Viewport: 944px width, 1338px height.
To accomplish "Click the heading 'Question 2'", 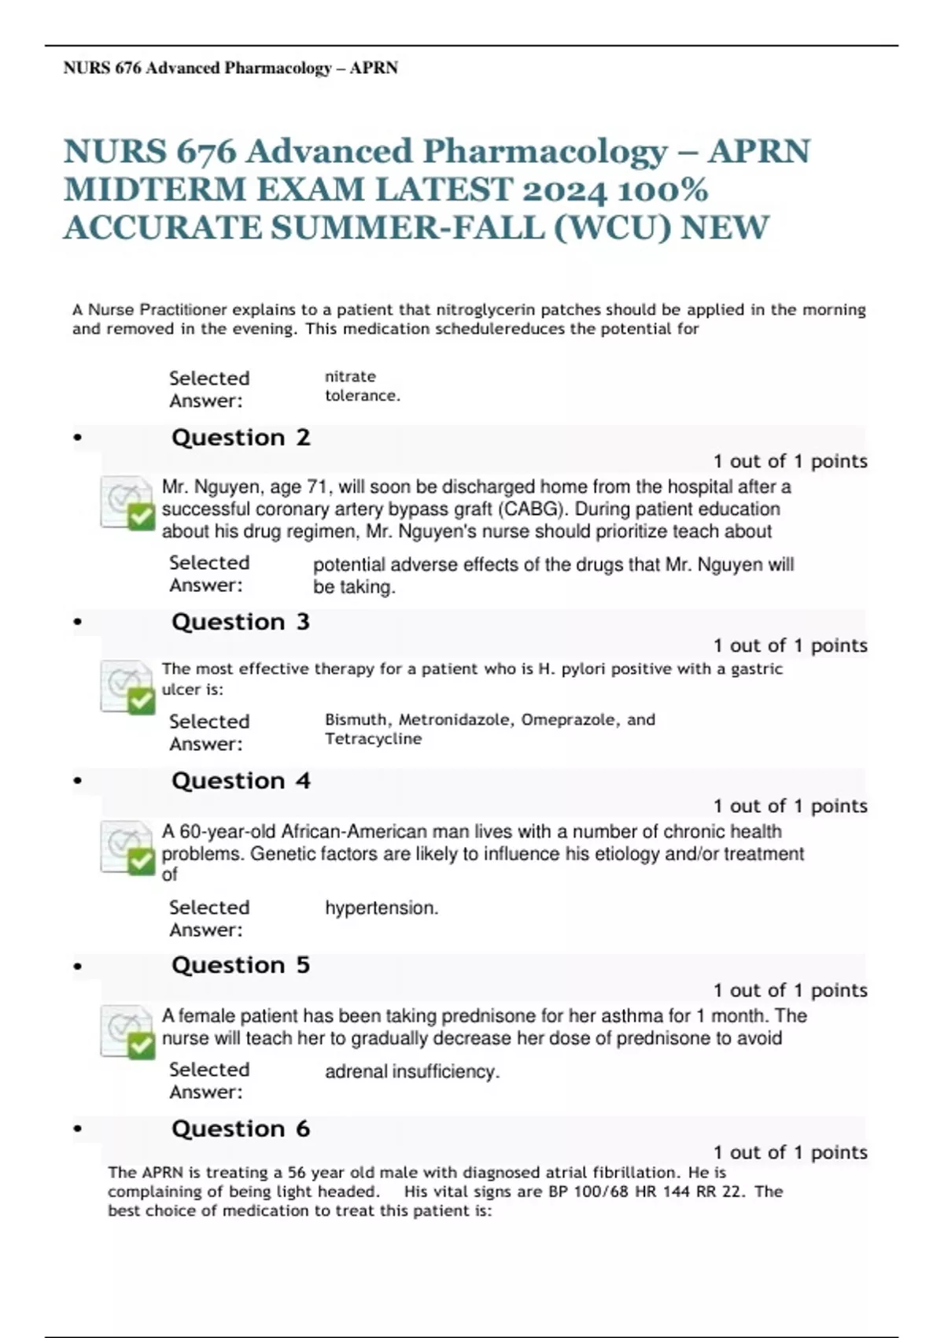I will tap(241, 438).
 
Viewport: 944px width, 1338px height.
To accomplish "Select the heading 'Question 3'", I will tap(241, 622).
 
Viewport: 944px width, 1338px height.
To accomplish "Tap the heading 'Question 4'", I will tap(241, 781).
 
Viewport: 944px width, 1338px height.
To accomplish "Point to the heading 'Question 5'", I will tap(241, 965).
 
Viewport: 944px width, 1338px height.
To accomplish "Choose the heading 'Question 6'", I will tap(241, 1129).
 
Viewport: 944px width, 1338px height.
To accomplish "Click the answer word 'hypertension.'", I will tap(382, 908).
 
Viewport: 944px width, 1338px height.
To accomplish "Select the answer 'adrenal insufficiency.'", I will tap(412, 1072).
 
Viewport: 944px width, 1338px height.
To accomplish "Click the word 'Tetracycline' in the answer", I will tap(374, 739).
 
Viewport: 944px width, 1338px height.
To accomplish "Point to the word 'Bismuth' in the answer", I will tap(356, 719).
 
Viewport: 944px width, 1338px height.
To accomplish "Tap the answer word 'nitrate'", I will tap(350, 376).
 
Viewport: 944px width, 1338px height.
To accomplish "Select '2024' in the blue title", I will tap(565, 190).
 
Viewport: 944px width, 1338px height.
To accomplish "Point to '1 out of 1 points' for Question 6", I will tap(790, 1152).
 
